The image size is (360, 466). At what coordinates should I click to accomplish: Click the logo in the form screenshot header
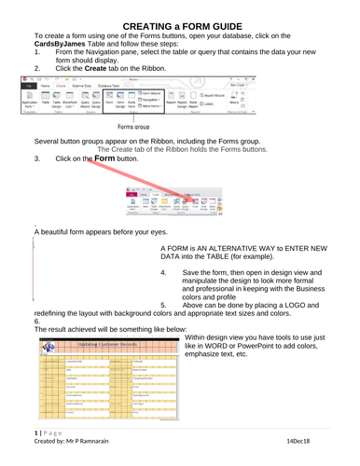pos(53,348)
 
